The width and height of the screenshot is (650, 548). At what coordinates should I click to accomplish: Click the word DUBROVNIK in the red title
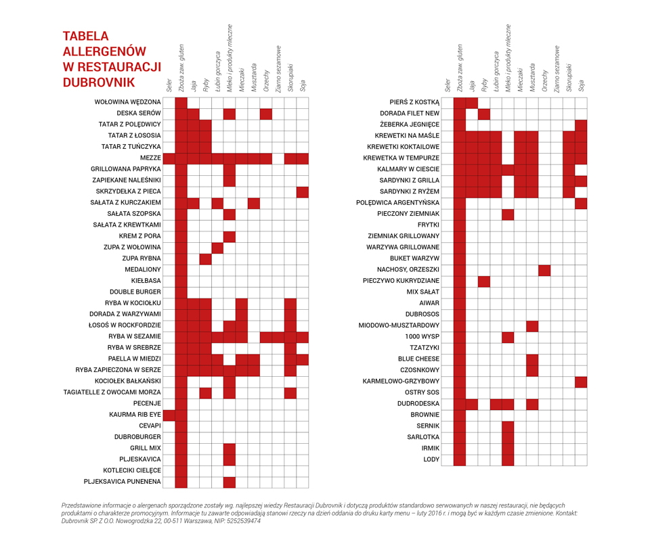click(x=99, y=83)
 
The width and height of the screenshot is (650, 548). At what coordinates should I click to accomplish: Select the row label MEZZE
click(x=150, y=158)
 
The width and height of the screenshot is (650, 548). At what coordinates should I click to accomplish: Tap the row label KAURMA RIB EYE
click(x=135, y=415)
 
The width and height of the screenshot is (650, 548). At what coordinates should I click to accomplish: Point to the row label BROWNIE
click(x=425, y=415)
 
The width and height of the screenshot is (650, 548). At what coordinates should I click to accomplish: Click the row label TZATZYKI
click(x=425, y=348)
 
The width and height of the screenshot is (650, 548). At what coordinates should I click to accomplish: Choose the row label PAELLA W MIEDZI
click(x=134, y=359)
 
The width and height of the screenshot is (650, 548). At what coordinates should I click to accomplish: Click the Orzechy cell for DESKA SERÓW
click(x=266, y=114)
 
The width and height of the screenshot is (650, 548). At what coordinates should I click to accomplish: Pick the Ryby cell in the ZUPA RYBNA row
click(x=205, y=260)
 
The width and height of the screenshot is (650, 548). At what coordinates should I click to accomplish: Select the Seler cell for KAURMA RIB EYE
click(x=169, y=415)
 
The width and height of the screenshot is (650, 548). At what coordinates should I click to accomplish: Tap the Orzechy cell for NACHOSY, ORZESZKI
click(x=544, y=271)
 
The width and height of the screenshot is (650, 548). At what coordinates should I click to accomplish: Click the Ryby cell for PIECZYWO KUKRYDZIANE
click(x=483, y=282)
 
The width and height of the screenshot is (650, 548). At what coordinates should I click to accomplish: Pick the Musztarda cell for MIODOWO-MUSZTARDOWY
click(x=532, y=327)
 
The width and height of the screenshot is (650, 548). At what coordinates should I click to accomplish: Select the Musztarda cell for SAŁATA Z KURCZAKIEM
click(x=254, y=204)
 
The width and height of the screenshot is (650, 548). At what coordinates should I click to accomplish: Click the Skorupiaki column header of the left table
click(x=290, y=78)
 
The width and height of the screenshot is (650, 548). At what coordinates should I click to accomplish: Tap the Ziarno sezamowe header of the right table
click(x=557, y=69)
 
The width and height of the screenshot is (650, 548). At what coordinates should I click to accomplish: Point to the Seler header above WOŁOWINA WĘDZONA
click(x=169, y=85)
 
